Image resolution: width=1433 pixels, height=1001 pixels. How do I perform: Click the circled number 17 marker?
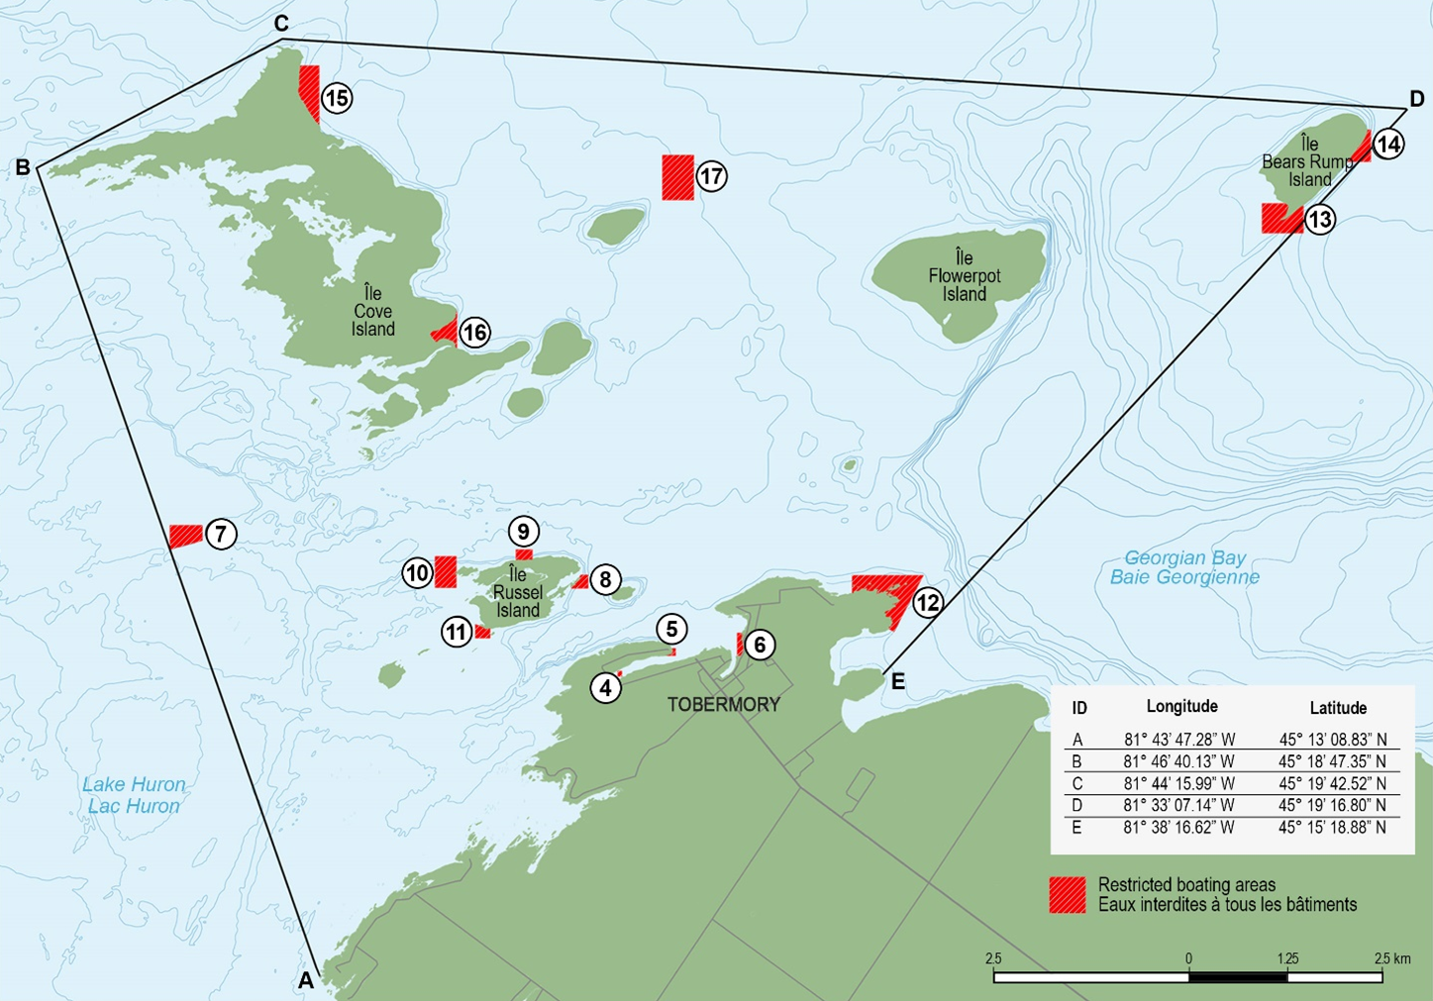click(x=711, y=176)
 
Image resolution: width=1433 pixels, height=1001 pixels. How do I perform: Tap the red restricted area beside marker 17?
click(x=678, y=177)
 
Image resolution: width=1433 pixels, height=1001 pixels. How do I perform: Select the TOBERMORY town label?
click(x=723, y=705)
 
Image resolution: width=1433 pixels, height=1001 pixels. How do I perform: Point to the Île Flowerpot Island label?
click(x=964, y=276)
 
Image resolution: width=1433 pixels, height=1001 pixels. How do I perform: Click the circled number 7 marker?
click(x=221, y=535)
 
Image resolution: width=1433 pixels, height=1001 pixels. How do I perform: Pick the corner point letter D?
click(x=1416, y=99)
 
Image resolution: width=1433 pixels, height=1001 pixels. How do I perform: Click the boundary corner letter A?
click(x=306, y=980)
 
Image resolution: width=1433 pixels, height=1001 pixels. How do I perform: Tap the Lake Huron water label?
click(x=134, y=795)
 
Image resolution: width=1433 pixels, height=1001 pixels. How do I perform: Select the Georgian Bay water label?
click(x=1184, y=567)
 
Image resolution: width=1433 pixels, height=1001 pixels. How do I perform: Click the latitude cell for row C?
click(x=1332, y=783)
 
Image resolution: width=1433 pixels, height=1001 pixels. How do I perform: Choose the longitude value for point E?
click(x=1178, y=828)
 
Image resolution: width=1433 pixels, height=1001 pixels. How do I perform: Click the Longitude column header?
click(x=1181, y=706)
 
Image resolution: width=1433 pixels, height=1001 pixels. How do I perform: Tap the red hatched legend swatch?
click(x=1068, y=894)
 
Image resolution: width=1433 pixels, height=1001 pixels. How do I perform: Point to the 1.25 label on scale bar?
click(x=1287, y=958)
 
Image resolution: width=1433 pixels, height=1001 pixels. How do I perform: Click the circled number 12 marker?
click(x=927, y=602)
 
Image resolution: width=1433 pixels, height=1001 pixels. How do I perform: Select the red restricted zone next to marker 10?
click(x=446, y=571)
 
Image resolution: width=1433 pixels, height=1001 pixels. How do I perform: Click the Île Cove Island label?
click(x=372, y=311)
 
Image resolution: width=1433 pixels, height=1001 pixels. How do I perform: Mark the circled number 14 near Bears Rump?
click(x=1388, y=145)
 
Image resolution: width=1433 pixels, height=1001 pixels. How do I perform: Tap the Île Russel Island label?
click(x=518, y=592)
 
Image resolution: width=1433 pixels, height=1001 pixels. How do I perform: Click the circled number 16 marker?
click(x=475, y=333)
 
